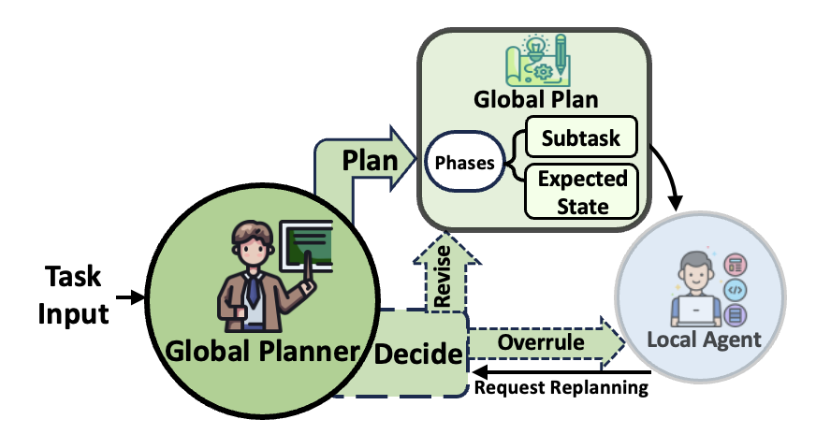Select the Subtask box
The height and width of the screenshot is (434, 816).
coord(579,137)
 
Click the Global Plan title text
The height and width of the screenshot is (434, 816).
coord(536,99)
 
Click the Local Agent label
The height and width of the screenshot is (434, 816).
coord(704,339)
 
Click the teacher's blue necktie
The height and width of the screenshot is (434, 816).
coord(253,289)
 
